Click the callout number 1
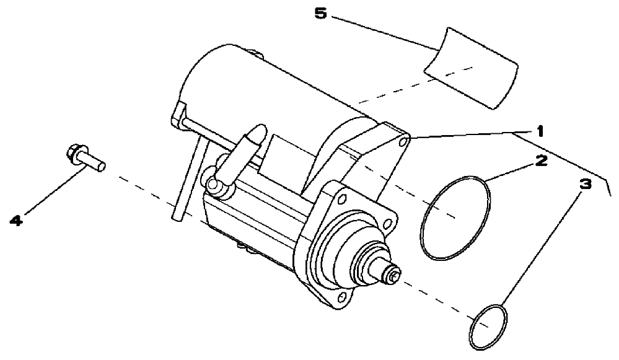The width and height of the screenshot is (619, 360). [x=540, y=131]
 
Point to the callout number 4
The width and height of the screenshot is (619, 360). [x=16, y=220]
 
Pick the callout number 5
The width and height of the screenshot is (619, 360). [x=320, y=14]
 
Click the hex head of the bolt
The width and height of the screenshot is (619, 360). [x=74, y=154]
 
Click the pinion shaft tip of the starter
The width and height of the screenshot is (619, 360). [x=391, y=273]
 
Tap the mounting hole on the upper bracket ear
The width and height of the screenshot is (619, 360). [x=404, y=141]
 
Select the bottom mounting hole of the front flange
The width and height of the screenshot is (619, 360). [x=342, y=296]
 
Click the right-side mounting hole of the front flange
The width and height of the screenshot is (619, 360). [x=389, y=224]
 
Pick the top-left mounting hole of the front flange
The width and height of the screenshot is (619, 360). [x=341, y=200]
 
